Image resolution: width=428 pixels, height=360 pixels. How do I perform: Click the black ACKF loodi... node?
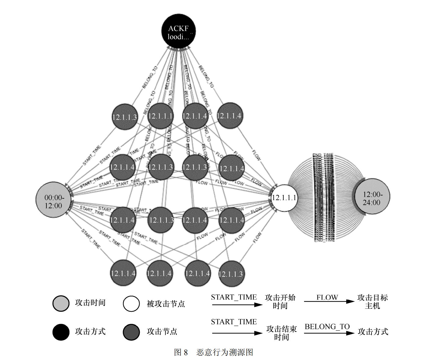(178, 31)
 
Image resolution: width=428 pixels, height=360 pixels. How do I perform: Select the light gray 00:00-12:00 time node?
(54, 200)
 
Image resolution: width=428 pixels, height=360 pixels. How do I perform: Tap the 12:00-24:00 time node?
(372, 196)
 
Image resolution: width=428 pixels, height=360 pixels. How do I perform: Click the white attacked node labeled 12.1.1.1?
(284, 198)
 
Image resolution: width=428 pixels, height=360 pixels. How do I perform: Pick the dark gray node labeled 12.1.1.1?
(160, 116)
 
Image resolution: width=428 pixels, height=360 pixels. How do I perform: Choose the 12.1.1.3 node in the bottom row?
(231, 274)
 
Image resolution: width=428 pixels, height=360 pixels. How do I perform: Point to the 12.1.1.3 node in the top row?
(125, 117)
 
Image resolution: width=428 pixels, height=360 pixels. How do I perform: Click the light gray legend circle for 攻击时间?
(61, 303)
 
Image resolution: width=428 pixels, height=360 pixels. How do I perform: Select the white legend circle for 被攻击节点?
(131, 304)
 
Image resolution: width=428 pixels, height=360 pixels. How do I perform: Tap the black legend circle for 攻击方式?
(61, 332)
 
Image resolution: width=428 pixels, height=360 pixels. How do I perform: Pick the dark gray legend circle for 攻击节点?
(131, 332)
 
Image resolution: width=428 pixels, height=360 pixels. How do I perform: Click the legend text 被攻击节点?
(166, 304)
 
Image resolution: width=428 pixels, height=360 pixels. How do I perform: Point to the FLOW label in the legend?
(327, 297)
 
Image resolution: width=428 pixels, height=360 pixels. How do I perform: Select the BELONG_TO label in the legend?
(327, 327)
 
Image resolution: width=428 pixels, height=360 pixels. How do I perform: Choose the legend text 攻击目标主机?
(372, 301)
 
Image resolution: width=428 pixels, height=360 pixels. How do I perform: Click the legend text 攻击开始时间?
(280, 301)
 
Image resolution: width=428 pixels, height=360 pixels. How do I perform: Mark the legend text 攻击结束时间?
(281, 333)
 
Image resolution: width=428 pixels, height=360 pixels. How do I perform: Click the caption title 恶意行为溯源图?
(225, 352)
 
